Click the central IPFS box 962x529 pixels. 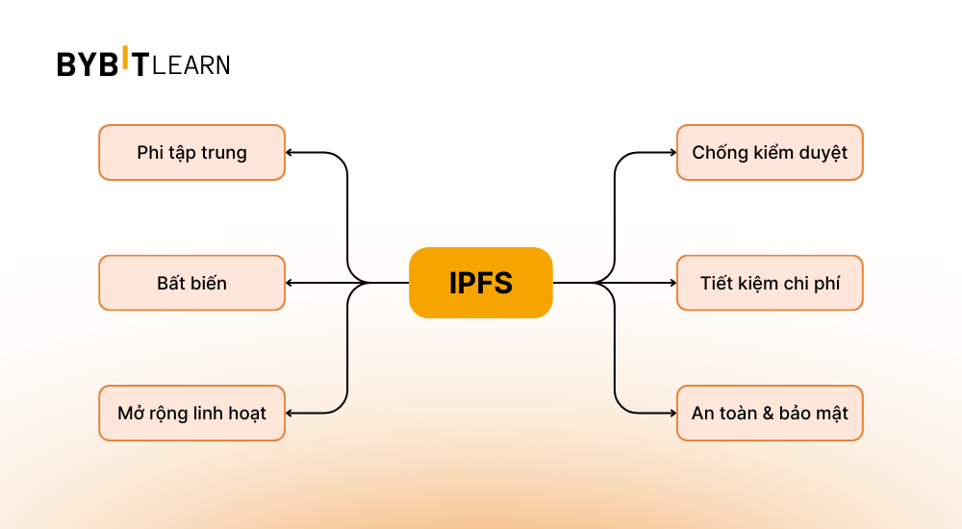pos(481,283)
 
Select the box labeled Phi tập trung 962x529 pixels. pos(191,152)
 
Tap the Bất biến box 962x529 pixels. pos(191,283)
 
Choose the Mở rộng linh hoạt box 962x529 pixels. pos(191,414)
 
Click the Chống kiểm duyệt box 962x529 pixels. pos(770,152)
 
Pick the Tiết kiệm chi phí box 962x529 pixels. pos(770,283)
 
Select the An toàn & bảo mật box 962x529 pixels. pos(770,414)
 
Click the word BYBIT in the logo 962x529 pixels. pos(102,64)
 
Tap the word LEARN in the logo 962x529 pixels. pos(191,65)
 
